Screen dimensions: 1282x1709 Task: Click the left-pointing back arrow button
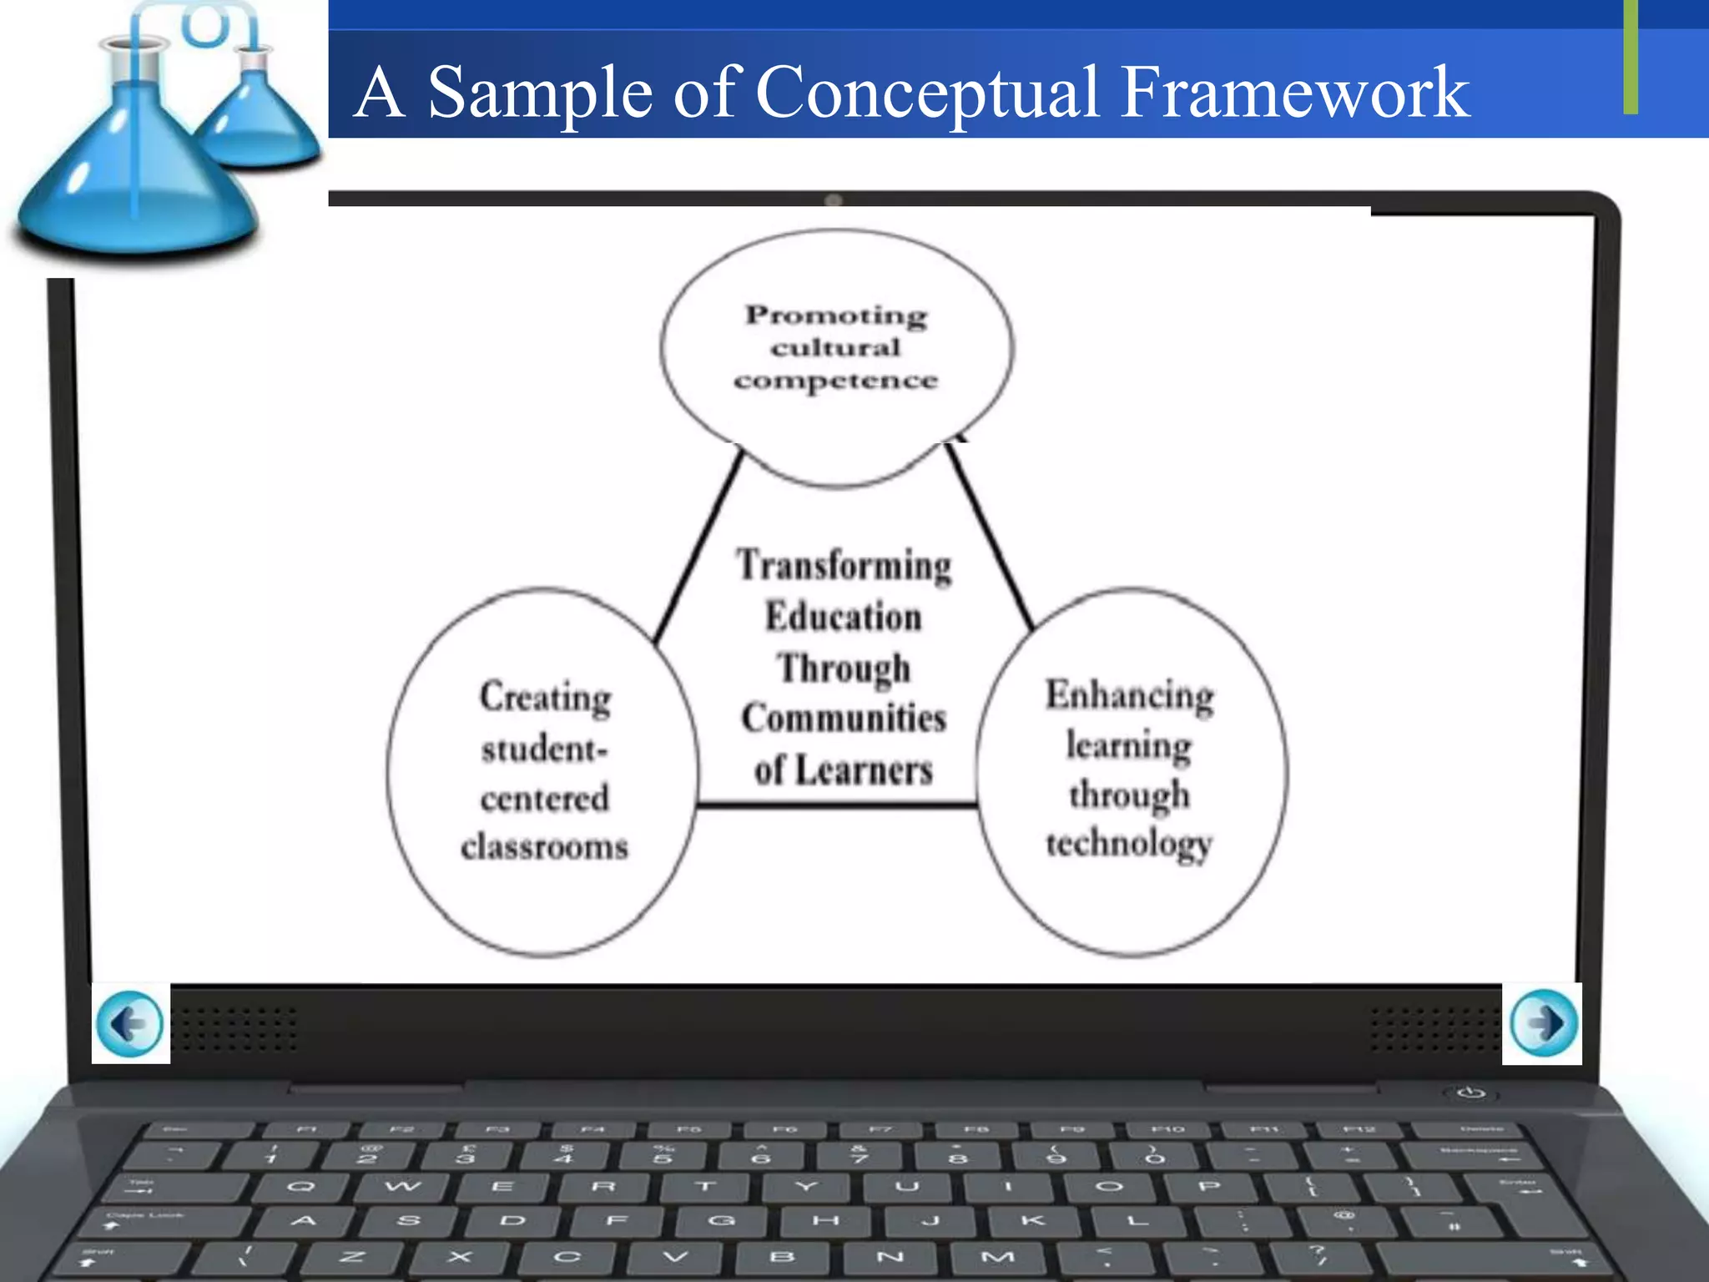click(130, 1023)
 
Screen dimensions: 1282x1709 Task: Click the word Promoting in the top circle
click(836, 315)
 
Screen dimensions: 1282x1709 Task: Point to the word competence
click(836, 381)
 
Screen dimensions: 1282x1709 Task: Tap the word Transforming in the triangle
click(844, 566)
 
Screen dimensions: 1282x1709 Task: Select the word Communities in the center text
click(844, 719)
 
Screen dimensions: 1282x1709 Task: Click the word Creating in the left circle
click(545, 697)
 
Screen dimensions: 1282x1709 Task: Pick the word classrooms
click(545, 847)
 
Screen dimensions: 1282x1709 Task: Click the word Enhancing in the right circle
click(1130, 695)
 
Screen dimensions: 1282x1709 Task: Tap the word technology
click(1129, 844)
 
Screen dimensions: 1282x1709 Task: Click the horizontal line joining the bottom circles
click(837, 805)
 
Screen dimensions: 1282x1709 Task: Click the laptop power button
click(1471, 1093)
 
